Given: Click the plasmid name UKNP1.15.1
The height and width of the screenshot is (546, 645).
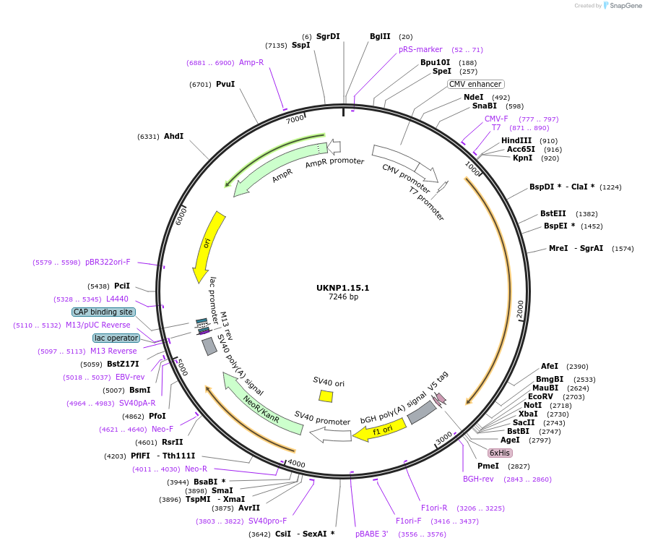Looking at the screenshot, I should (342, 288).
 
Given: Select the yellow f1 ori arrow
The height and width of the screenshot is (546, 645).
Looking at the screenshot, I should (381, 431).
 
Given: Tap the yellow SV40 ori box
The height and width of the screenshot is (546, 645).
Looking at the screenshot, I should (326, 396).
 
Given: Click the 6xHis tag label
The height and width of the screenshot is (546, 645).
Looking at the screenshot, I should (500, 453).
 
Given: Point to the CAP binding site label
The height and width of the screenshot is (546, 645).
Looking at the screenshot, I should (103, 312).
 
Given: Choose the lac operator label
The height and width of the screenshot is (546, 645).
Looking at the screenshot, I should (116, 338).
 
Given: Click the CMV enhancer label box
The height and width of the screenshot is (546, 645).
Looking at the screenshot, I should (475, 84).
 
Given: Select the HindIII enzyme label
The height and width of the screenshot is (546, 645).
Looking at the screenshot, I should (516, 140).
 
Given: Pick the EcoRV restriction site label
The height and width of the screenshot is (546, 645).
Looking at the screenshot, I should (540, 396).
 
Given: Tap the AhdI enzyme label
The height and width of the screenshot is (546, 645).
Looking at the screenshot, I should (173, 136).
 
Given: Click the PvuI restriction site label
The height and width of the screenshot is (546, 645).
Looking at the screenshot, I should (225, 84).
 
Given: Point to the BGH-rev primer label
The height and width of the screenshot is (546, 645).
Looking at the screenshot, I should (478, 479).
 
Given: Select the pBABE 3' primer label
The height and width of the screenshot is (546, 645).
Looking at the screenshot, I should (372, 534).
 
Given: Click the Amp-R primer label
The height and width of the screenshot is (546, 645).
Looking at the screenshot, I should (251, 62).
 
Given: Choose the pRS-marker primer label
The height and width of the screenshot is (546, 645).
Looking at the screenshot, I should (420, 49).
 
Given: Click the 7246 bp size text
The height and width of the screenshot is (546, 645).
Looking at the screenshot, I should (343, 297).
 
